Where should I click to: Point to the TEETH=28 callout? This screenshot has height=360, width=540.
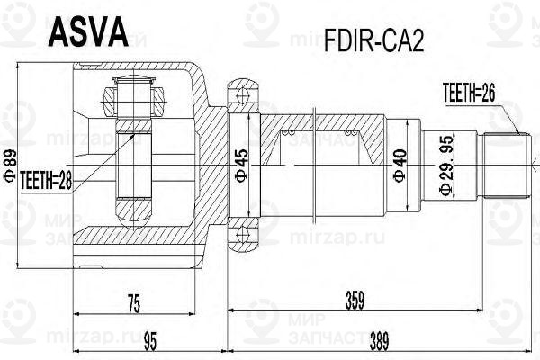(x=46, y=178)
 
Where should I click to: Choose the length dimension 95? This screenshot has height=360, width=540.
(x=150, y=341)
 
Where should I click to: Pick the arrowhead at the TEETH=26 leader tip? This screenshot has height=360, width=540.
(x=519, y=133)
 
